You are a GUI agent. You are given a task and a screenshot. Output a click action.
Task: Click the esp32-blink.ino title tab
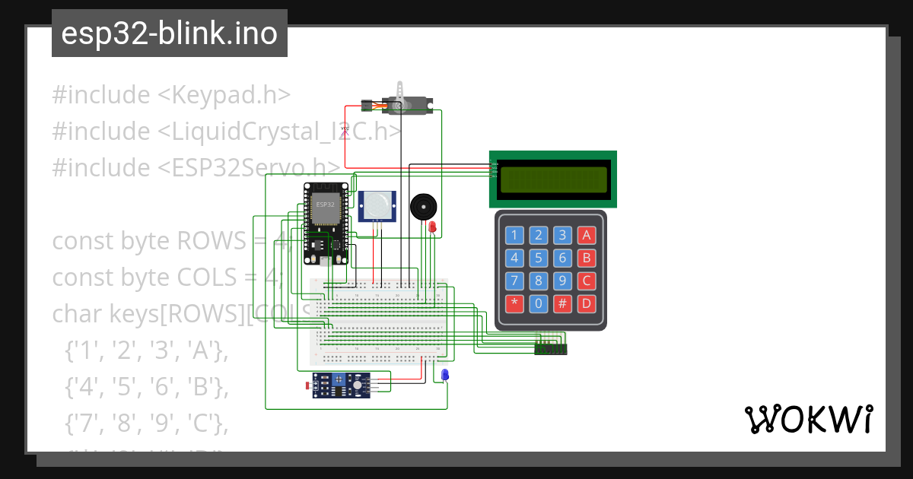click(169, 33)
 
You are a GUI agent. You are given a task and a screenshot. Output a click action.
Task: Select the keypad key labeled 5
click(539, 258)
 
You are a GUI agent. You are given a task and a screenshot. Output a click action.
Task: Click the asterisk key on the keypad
click(515, 304)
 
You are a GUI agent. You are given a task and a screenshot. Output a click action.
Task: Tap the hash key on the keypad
click(562, 304)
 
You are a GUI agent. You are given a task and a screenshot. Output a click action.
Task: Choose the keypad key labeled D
click(586, 304)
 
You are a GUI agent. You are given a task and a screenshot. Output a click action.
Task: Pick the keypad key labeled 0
click(539, 304)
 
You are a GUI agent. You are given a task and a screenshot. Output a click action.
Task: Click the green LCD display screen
click(552, 179)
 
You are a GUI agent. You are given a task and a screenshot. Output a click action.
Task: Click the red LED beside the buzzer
click(432, 227)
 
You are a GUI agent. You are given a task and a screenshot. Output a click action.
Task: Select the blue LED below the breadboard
click(445, 374)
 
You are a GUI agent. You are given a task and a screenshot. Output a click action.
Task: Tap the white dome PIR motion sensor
click(377, 205)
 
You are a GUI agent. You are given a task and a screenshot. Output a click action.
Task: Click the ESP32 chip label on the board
click(325, 205)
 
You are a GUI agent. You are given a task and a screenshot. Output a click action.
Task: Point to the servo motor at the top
click(403, 103)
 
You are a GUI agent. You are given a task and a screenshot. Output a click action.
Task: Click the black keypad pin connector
click(551, 349)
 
